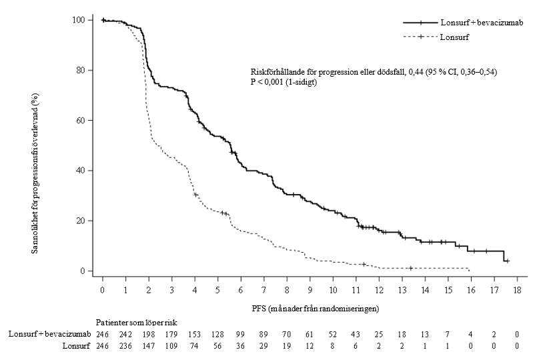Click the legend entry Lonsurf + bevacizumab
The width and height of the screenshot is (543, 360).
(x=480, y=23)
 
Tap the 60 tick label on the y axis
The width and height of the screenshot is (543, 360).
(x=85, y=121)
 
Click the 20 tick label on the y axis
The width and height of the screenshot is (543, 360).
(x=85, y=221)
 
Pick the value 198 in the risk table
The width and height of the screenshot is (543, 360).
(x=149, y=333)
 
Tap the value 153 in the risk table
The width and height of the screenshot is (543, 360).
(x=195, y=333)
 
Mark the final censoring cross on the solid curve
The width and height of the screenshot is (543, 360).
(x=507, y=261)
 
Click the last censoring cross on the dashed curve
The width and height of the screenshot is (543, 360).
(x=410, y=268)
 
